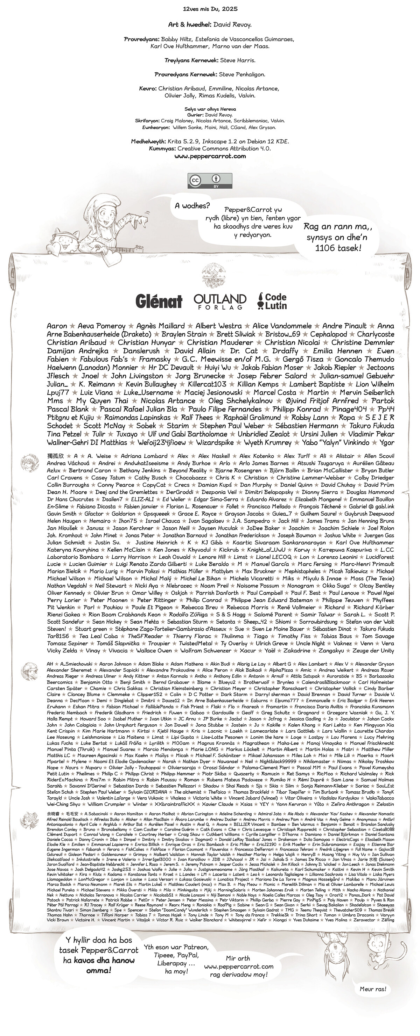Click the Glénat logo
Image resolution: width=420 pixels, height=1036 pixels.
coord(159,301)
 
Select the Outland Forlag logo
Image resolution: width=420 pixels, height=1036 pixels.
coord(219,301)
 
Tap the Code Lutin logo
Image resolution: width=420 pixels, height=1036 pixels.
coord(272,301)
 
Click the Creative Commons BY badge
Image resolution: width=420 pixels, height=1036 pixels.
coord(209,181)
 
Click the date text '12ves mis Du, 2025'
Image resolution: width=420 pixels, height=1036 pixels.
coord(210,8)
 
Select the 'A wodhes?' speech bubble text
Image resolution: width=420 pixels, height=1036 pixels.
coord(192,206)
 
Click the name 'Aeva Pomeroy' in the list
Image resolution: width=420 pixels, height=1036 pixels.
coord(101,326)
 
